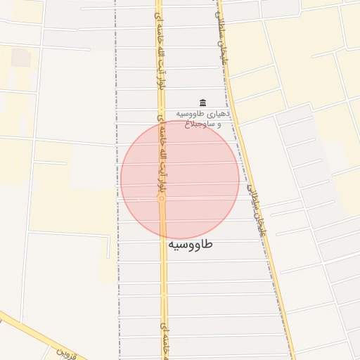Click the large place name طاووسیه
[190, 244]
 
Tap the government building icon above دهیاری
[203, 103]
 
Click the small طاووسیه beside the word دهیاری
[191, 114]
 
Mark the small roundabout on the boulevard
[162, 200]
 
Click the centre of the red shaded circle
[180, 180]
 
